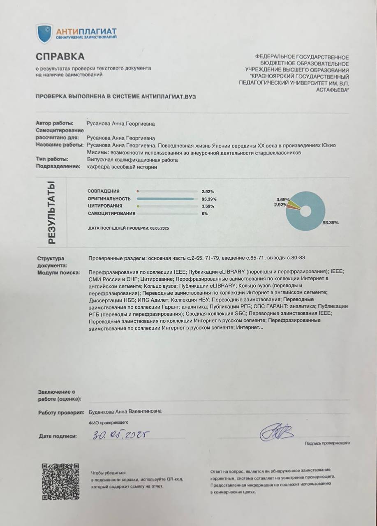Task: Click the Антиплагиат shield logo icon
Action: pos(44,33)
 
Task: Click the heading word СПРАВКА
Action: pos(60,56)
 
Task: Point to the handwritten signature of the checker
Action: pos(276,432)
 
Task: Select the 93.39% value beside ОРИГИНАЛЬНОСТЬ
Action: pos(209,199)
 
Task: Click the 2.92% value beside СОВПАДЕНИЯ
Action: pos(208,191)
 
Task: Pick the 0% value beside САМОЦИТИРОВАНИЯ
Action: pos(205,214)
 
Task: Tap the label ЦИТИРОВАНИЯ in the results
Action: pos(104,206)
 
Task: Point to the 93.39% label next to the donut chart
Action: pos(331,222)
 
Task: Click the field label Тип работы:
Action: pos(52,159)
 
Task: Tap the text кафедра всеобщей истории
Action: pos(122,167)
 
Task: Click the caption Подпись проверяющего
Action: pos(327,443)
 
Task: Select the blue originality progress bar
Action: pos(166,199)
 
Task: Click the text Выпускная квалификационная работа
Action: pos(132,160)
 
